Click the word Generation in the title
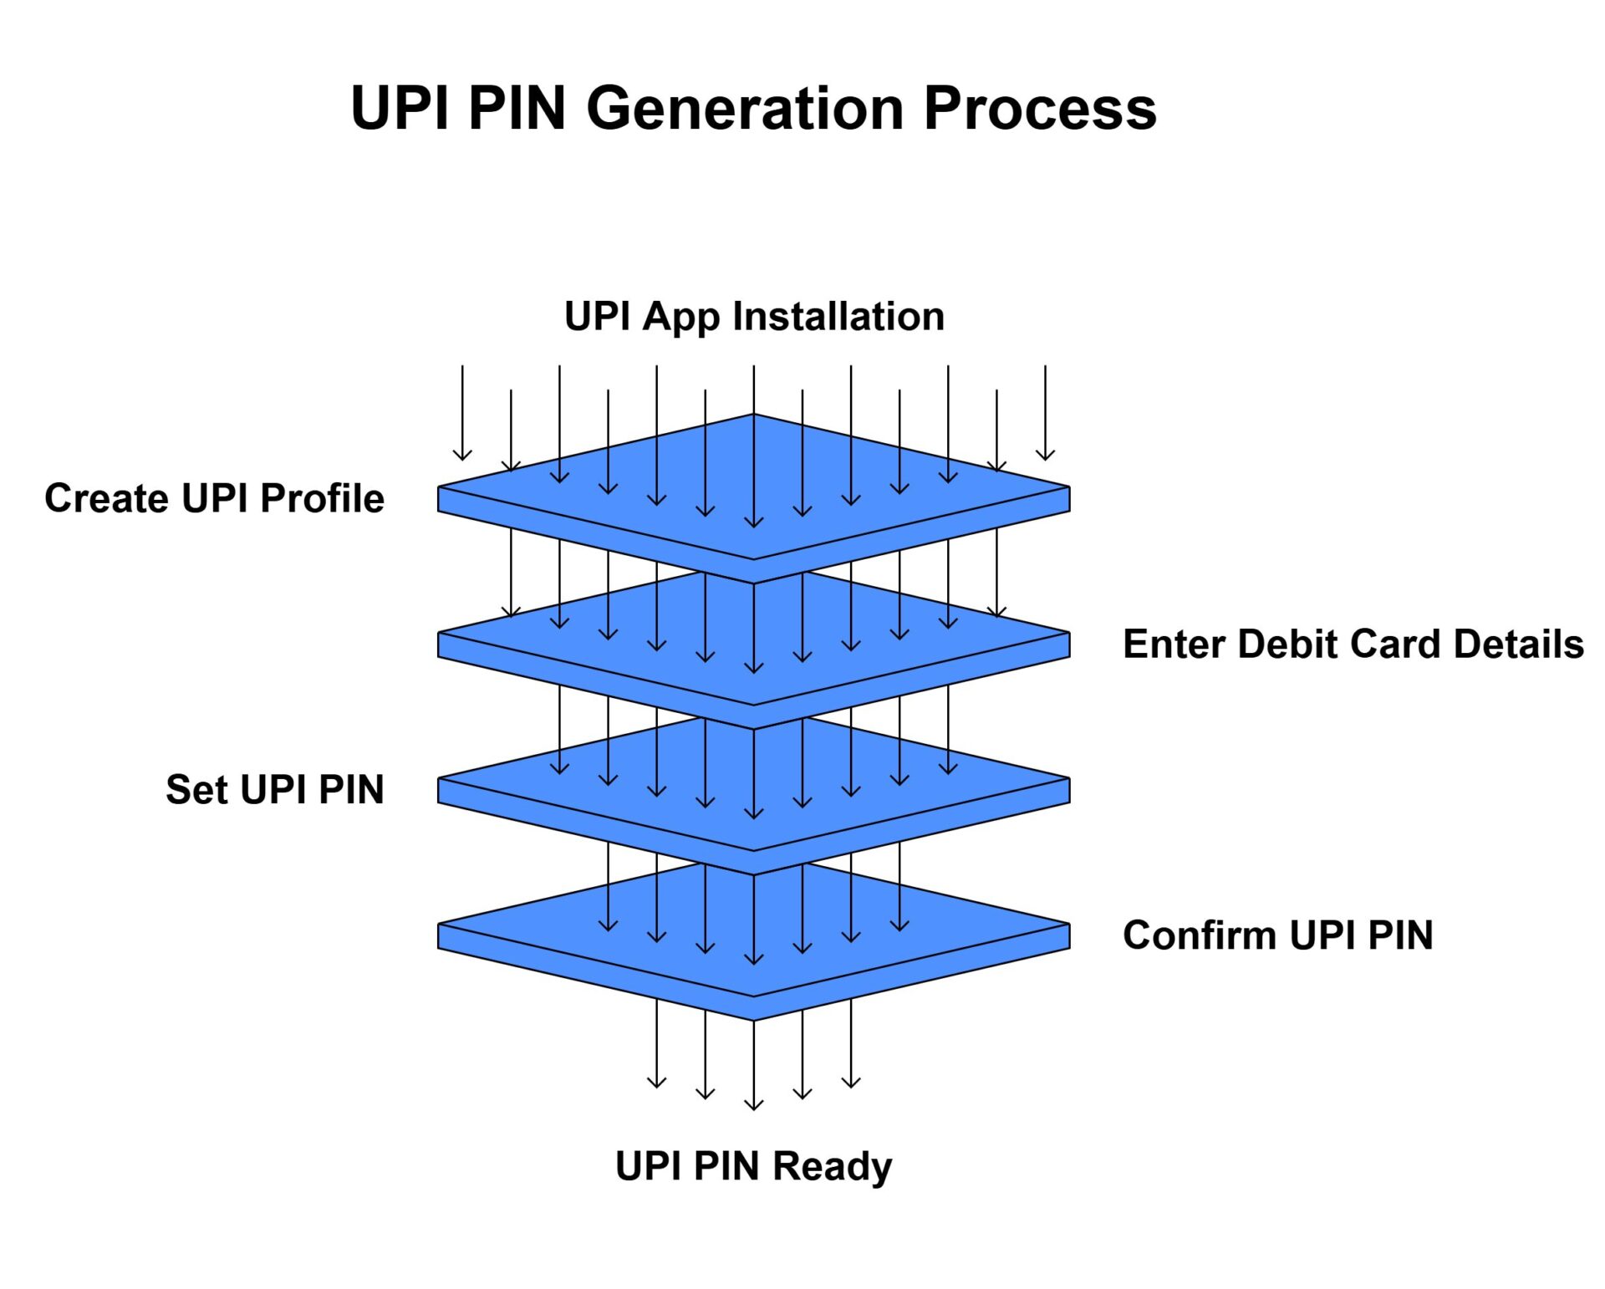click(x=745, y=109)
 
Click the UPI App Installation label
click(x=754, y=317)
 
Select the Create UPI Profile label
click(x=214, y=498)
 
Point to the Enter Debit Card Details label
click(x=1353, y=644)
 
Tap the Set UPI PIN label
click(x=274, y=790)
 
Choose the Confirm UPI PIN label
click(x=1277, y=935)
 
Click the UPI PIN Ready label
click(x=753, y=1165)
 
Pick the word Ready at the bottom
click(x=832, y=1165)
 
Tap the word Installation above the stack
click(x=838, y=317)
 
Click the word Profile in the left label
click(x=322, y=498)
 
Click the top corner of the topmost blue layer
click(x=754, y=415)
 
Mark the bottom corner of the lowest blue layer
click(x=754, y=1019)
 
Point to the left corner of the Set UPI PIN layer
click(x=440, y=779)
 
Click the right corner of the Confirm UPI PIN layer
click(x=1068, y=925)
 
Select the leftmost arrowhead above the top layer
click(x=462, y=457)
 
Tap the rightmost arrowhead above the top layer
click(x=1045, y=457)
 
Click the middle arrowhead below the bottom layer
click(x=754, y=1107)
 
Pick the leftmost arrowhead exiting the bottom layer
click(x=657, y=1085)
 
